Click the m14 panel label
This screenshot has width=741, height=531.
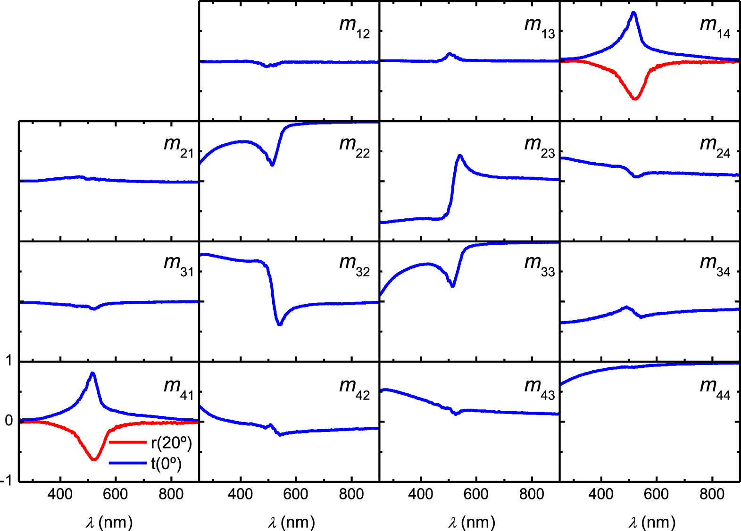pos(715,26)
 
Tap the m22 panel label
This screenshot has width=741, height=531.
pos(354,146)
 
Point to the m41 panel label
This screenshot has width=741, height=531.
pos(178,388)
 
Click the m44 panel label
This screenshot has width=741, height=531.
pos(715,388)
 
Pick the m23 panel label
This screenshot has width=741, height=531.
pos(539,146)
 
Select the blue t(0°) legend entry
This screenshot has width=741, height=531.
pos(166,464)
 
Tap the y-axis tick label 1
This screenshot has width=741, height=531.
pos(8,361)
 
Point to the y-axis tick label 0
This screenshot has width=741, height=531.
pos(8,421)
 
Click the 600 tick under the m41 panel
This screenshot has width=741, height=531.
pos(116,495)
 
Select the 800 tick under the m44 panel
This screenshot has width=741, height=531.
pos(712,495)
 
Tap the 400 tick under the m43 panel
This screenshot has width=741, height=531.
pos(420,495)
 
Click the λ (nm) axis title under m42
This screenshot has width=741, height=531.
pos(291,523)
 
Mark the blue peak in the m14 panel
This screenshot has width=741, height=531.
pos(633,13)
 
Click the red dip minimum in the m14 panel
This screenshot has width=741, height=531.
pos(635,99)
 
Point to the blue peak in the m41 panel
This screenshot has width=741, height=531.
pos(92,373)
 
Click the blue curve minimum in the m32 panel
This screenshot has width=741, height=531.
pos(280,324)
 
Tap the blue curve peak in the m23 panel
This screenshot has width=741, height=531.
pos(460,156)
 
